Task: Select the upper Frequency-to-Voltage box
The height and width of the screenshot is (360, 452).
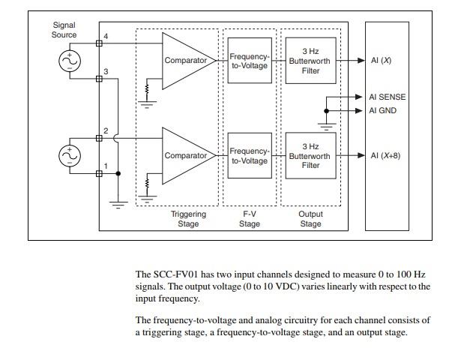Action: (249, 61)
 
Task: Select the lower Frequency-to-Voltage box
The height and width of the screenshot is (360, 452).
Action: (249, 156)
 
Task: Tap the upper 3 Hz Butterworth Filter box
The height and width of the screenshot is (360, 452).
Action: (310, 61)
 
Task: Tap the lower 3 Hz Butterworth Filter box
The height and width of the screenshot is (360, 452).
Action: (310, 156)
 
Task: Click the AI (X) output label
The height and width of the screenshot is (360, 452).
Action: (381, 61)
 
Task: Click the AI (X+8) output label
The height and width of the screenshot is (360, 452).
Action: (385, 156)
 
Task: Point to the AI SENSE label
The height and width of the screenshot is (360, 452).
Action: (387, 97)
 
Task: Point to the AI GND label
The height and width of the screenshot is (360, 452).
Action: (383, 111)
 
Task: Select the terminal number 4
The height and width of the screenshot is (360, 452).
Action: (106, 37)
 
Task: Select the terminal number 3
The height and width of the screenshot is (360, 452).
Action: (106, 72)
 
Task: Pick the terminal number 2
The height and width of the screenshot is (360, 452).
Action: (106, 131)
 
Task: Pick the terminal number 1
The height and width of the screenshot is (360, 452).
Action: (106, 166)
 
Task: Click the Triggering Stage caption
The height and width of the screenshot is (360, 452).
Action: (188, 219)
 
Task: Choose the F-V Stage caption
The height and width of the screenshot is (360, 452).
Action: (250, 219)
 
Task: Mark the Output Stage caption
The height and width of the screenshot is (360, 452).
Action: (310, 219)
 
